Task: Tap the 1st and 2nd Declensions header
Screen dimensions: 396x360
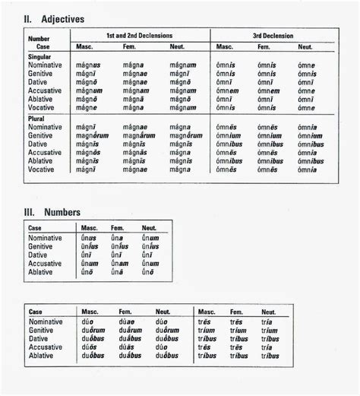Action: (139, 36)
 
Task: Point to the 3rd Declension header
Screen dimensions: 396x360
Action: (273, 36)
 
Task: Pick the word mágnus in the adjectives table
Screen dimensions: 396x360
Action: (88, 65)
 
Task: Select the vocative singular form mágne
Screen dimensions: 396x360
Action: (86, 108)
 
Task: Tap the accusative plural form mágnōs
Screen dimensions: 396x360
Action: (87, 152)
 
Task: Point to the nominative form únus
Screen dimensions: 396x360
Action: (89, 238)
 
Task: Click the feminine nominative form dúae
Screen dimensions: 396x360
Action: (127, 322)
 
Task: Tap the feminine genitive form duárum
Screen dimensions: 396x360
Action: (131, 330)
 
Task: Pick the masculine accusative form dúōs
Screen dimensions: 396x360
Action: (90, 347)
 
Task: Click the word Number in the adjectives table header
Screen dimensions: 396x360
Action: (39, 38)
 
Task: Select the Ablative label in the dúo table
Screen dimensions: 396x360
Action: (43, 355)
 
